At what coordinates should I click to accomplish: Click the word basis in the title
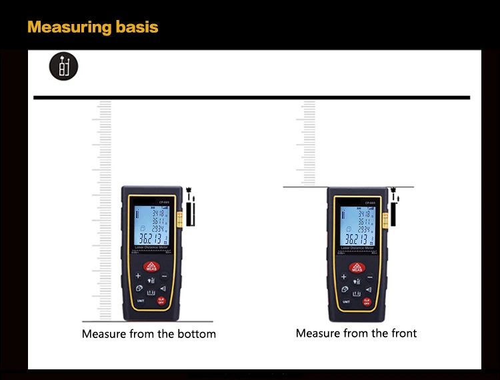point(137,27)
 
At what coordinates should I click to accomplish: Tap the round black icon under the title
point(63,66)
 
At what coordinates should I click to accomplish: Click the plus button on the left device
point(138,275)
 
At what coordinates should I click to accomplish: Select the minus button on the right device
point(373,275)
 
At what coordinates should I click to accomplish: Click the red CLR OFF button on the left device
point(161,300)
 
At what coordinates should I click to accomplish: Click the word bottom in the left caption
point(195,333)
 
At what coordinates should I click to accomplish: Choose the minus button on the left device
point(164,275)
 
